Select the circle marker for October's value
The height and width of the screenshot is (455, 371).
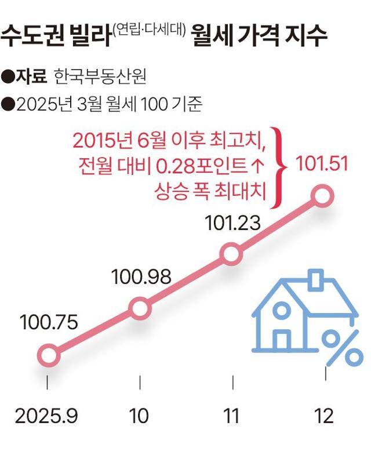pyautogui.click(x=140, y=307)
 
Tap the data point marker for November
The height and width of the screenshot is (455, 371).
pyautogui.click(x=231, y=254)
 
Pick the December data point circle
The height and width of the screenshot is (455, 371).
pyautogui.click(x=323, y=196)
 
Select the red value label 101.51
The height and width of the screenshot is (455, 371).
pyautogui.click(x=322, y=164)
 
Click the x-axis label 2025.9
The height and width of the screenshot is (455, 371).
pyautogui.click(x=47, y=416)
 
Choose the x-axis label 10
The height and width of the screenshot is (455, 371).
pyautogui.click(x=140, y=416)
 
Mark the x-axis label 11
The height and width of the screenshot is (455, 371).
pyautogui.click(x=232, y=416)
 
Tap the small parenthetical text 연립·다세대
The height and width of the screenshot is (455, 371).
pyautogui.click(x=149, y=29)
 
